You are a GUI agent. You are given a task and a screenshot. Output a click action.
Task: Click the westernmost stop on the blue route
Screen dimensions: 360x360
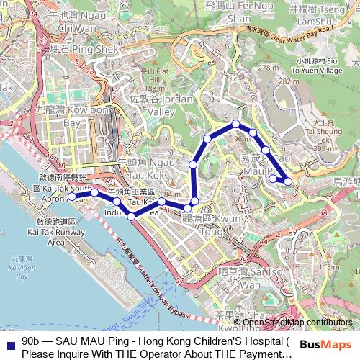tap(72, 197)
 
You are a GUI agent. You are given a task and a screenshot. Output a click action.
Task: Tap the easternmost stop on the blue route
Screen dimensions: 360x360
tap(289, 181)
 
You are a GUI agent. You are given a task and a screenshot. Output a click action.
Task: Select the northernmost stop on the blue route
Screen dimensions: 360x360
tap(235, 124)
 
